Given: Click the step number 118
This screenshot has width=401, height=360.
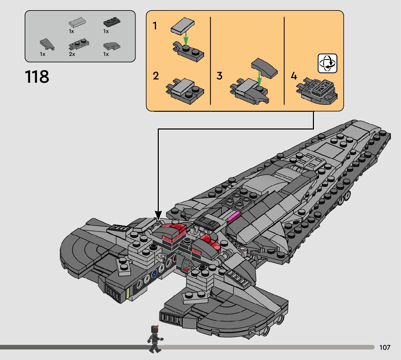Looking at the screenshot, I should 37,77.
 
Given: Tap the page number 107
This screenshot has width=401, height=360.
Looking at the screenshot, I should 385,347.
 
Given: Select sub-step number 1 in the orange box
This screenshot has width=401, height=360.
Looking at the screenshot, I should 155,26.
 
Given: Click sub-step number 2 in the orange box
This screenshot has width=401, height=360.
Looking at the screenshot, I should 156,76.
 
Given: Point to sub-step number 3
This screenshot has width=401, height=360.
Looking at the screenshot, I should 219,76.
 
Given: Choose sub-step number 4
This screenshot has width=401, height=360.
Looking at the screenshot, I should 294,76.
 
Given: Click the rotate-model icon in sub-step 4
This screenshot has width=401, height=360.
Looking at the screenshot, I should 327,63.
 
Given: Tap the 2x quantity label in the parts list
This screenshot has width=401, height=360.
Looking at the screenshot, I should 72,54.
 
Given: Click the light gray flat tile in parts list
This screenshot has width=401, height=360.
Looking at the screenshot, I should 77,23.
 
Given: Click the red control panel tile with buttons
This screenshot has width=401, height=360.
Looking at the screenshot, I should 186,265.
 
